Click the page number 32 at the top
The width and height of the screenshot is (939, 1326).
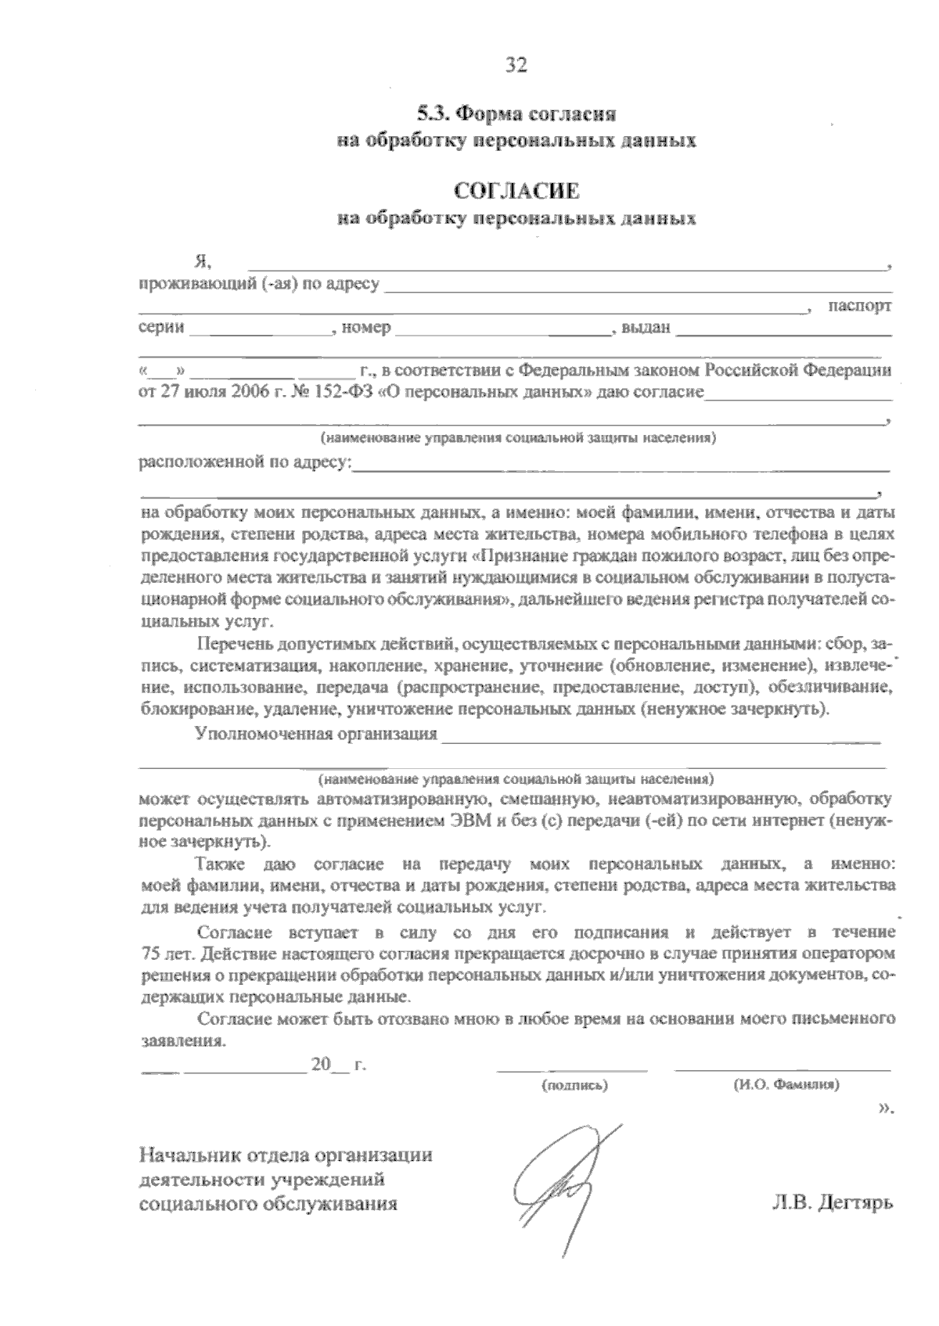(516, 65)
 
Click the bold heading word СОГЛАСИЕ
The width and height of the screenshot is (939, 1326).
(516, 192)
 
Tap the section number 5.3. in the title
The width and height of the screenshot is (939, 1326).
(433, 114)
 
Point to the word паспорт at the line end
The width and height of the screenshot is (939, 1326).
(860, 306)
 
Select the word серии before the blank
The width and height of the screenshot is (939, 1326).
(161, 328)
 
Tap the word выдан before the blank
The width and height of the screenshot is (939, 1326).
(646, 328)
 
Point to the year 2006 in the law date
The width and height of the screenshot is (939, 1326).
(249, 392)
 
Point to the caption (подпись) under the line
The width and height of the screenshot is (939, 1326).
(574, 1086)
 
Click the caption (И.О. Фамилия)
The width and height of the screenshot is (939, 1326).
(786, 1086)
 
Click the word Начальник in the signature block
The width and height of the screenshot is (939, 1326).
(189, 1154)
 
